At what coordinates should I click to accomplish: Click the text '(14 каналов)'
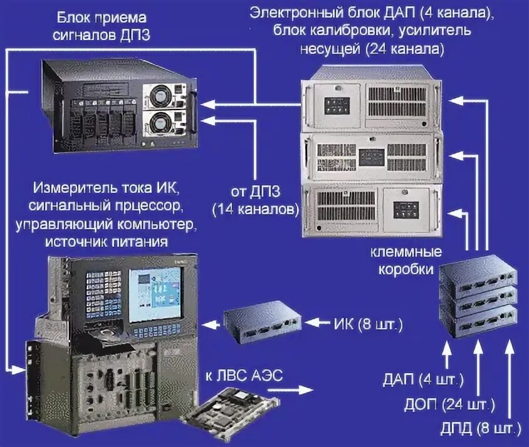254,208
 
